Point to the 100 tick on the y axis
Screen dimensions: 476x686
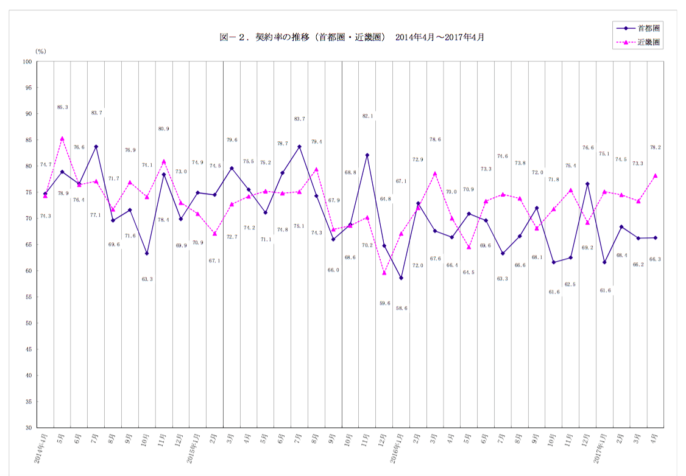[x=27, y=61]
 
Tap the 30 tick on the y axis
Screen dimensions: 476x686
[x=27, y=428]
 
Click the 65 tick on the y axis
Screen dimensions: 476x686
[x=27, y=245]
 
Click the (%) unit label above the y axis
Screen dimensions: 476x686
[x=41, y=51]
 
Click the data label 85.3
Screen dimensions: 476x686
[x=62, y=107]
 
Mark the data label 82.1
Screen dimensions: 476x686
[x=367, y=116]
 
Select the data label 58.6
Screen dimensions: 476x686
[x=401, y=309]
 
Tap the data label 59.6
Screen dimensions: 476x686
[x=384, y=303]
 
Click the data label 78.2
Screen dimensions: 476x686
[x=656, y=147]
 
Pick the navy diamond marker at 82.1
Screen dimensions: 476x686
[x=367, y=155]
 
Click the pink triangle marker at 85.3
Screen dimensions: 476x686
[x=62, y=138]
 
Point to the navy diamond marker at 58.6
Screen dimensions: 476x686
[x=401, y=278]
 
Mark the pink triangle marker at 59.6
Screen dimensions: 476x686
[x=384, y=273]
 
